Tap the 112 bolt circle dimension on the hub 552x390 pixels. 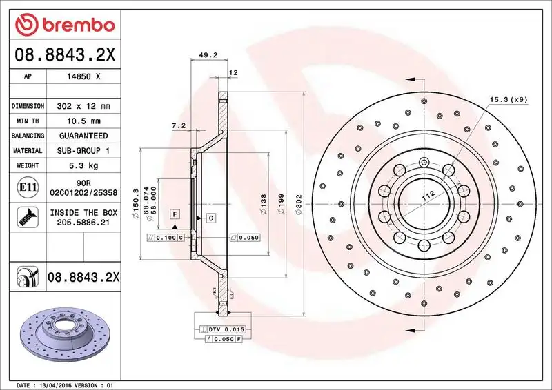pyautogui.click(x=429, y=196)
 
